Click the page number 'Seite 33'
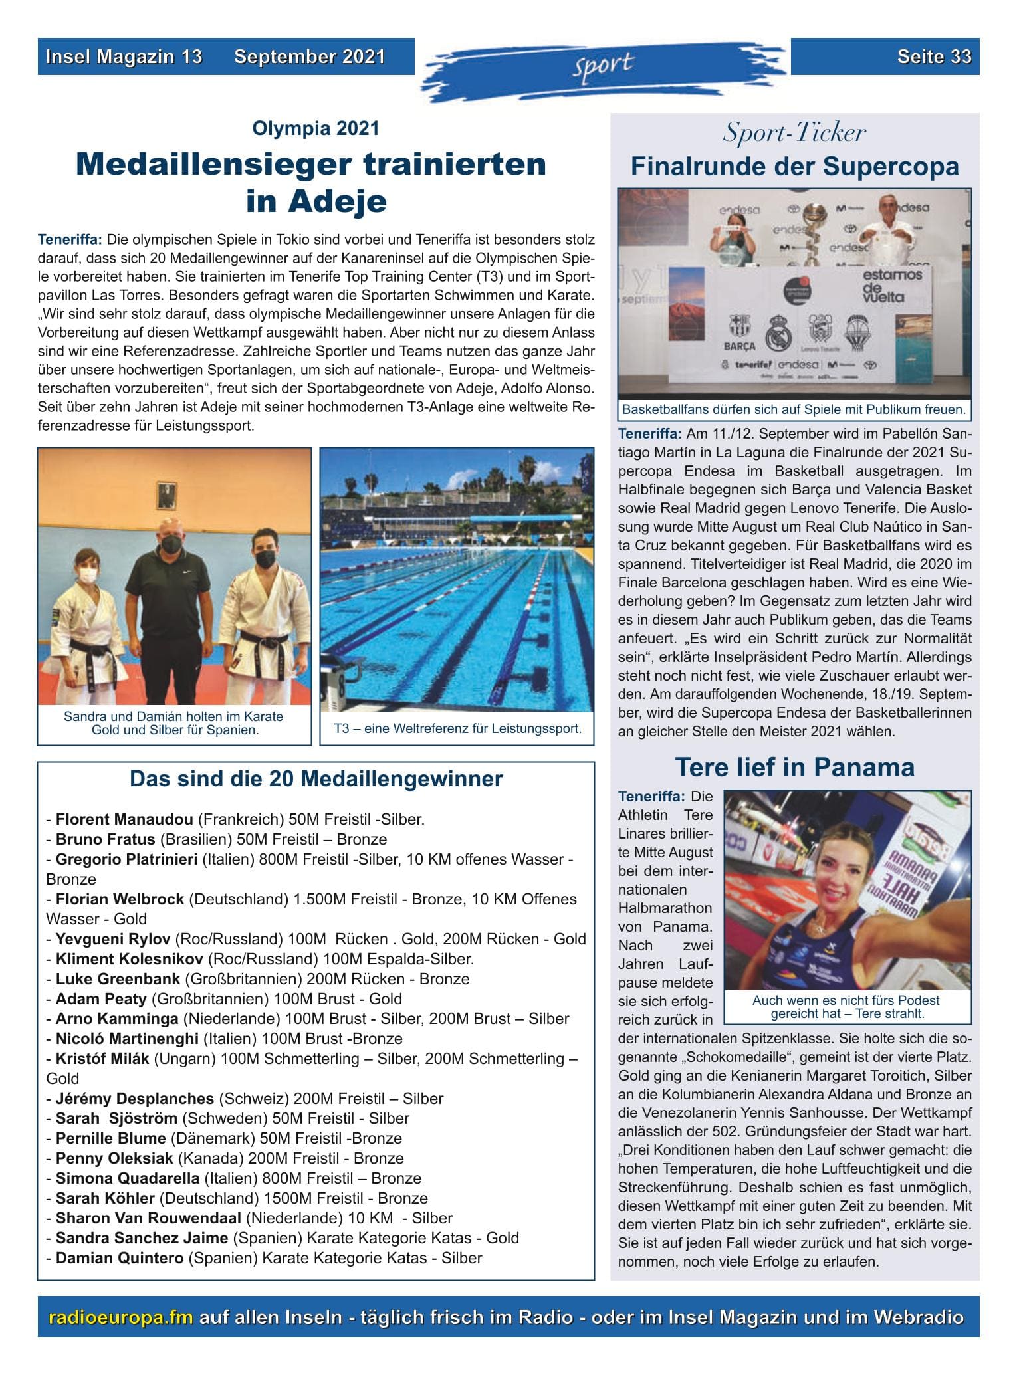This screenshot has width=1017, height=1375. (x=934, y=56)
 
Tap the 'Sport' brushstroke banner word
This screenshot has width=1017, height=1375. (x=604, y=64)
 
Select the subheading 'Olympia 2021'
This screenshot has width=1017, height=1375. (x=316, y=128)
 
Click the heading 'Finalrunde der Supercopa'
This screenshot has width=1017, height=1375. (x=794, y=166)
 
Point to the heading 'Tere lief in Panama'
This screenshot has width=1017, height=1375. (x=794, y=767)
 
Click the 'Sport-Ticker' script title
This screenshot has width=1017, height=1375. (x=794, y=133)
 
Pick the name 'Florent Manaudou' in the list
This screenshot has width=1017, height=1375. (x=124, y=819)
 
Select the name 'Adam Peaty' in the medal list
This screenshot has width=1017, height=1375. (x=101, y=999)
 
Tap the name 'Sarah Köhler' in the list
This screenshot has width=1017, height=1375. (x=105, y=1198)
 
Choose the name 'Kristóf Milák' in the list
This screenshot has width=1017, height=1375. (x=102, y=1059)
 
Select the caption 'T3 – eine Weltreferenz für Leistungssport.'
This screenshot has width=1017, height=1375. (x=457, y=728)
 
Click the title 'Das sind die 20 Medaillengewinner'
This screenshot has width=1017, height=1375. (x=316, y=778)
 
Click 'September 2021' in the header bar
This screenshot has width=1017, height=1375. (x=309, y=56)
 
